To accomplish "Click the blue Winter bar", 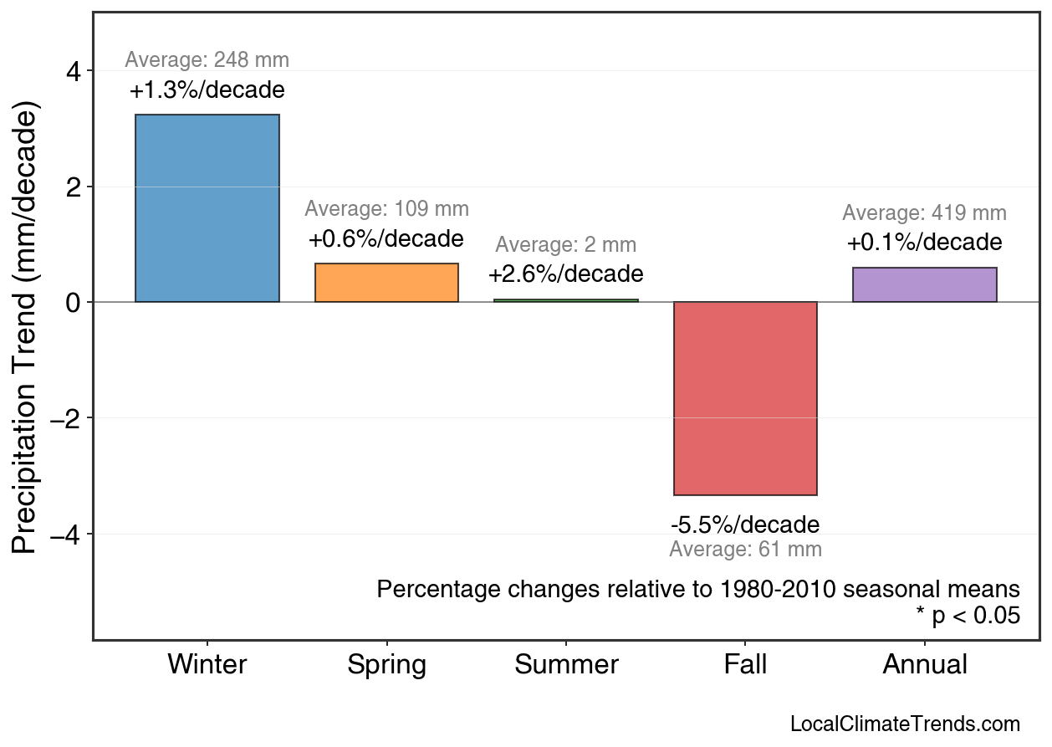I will tap(207, 208).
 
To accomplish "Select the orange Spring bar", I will tap(386, 283).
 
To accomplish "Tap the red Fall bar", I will tap(745, 398).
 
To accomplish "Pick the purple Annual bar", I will tap(924, 284).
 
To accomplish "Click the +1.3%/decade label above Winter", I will tap(207, 90).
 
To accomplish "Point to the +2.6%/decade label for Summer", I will tap(565, 274).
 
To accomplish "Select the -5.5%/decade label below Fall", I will tap(745, 525).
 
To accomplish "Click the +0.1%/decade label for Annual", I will tap(924, 243).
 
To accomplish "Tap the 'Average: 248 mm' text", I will tap(207, 60).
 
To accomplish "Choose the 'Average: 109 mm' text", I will tap(386, 209).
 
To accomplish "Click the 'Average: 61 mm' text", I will tap(745, 550).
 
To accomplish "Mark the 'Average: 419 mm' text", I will tap(924, 213).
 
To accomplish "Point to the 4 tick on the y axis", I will tap(73, 71).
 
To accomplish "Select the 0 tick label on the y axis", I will tap(73, 302).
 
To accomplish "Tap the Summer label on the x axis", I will tap(566, 665).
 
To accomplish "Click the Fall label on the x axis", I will tap(745, 665).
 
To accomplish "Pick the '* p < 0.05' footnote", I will tap(968, 617).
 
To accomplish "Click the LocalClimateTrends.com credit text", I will tap(904, 724).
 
